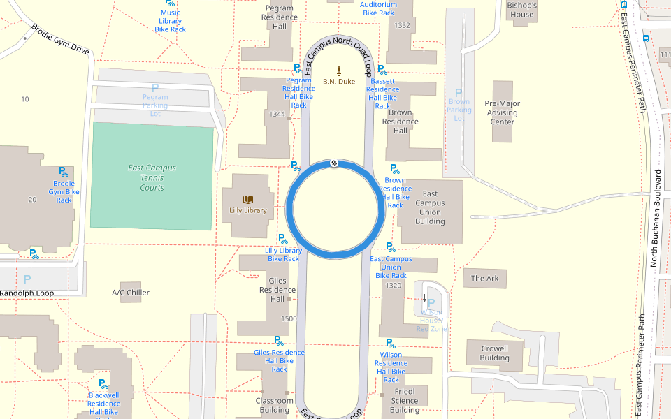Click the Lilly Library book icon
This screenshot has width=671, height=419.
tap(247, 199)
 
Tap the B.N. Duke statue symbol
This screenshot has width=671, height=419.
tap(339, 70)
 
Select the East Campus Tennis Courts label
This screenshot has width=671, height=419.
tap(152, 177)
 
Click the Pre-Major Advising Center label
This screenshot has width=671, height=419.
tap(502, 112)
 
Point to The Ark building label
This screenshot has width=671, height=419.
tap(484, 279)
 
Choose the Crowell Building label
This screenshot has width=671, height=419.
tap(494, 353)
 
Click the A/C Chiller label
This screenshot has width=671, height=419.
tap(131, 293)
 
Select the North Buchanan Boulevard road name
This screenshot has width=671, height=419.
tap(655, 218)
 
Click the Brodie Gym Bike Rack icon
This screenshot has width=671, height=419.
tap(64, 171)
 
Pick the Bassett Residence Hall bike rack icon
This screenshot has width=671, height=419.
tap(382, 69)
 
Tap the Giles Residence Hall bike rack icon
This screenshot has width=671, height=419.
tap(279, 341)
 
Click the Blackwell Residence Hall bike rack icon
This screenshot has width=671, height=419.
tap(103, 383)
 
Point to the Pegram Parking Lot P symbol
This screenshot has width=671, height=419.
tap(155, 88)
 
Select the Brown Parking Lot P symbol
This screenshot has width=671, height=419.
tap(459, 93)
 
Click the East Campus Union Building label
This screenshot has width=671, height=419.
tap(430, 207)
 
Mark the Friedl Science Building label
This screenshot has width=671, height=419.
tap(405, 401)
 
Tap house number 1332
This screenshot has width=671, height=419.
tap(403, 25)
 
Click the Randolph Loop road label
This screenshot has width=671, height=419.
tap(27, 293)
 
